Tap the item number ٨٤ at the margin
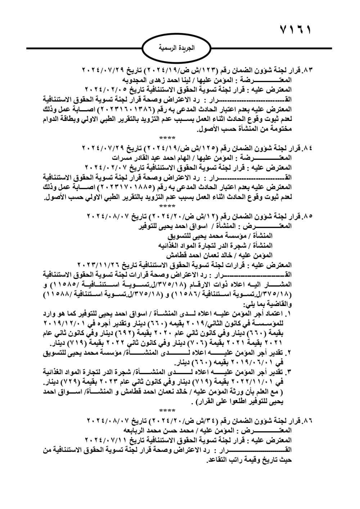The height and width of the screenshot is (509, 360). pyautogui.click(x=309, y=148)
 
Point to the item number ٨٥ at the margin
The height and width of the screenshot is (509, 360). pyautogui.click(x=309, y=216)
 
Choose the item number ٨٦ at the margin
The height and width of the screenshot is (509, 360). pyautogui.click(x=309, y=420)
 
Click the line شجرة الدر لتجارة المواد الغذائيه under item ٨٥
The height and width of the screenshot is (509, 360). pyautogui.click(x=216, y=246)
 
